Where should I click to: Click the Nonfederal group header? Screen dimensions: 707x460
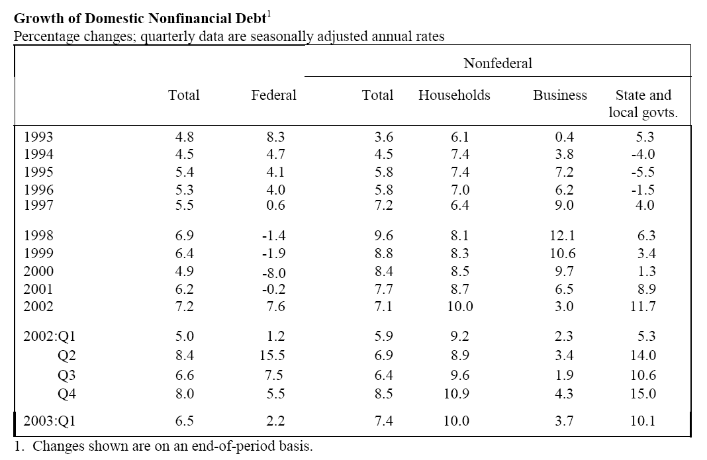498,63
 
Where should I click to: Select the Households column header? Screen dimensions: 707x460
454,95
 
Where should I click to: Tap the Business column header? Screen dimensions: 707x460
560,95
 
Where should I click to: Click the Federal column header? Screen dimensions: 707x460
273,95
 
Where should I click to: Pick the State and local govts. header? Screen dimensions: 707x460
643,104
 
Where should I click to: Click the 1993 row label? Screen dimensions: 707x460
38,136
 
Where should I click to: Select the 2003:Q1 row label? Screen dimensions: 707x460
50,421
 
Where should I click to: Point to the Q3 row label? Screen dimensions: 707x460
67,375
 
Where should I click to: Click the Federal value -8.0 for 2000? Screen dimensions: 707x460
273,273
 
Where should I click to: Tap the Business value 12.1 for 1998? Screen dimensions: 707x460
562,236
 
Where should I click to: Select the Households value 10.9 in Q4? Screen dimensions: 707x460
456,394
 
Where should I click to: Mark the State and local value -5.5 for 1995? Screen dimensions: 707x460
643,172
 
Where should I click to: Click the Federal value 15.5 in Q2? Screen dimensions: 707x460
272,355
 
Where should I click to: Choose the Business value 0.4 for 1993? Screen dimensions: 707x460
564,136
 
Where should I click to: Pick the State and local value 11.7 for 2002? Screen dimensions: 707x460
643,306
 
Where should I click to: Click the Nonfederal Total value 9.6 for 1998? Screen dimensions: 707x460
384,236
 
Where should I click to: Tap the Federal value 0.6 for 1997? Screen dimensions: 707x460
275,205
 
